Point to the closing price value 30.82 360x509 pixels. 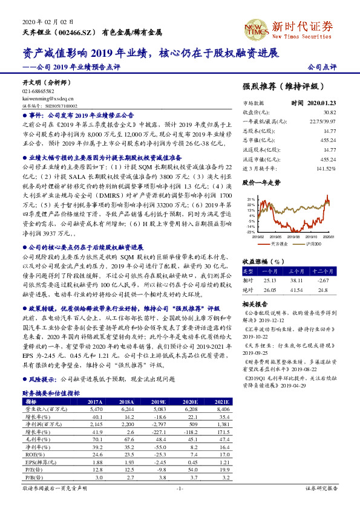click(329, 112)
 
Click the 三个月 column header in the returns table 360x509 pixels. click(296, 271)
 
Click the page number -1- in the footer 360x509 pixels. click(180, 487)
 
